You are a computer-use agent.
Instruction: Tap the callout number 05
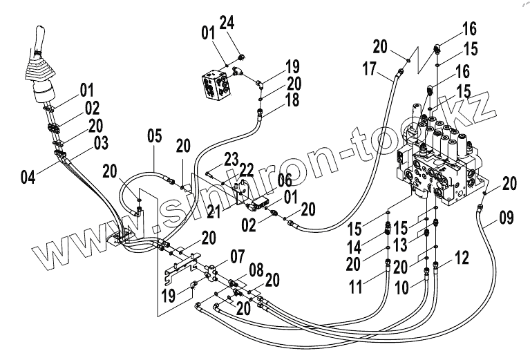point(154,135)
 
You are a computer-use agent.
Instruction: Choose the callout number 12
point(460,259)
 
